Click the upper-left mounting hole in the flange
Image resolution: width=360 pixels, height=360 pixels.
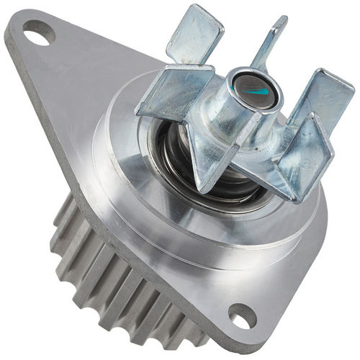coord(38,31)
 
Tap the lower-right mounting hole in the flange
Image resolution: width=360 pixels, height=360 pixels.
coord(243,315)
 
